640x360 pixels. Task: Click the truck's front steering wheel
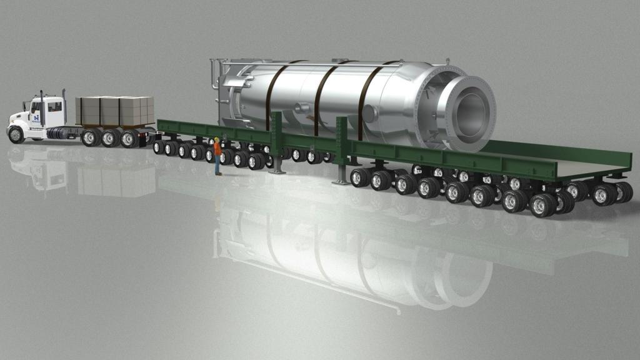16,134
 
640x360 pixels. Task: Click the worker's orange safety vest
217,149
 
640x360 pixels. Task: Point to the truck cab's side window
54,107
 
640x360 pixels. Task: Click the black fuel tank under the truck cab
59,133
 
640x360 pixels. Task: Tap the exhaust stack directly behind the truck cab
64,106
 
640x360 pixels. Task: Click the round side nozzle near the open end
369,114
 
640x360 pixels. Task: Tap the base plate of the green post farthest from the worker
341,182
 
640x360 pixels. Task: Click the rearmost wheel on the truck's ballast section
130,138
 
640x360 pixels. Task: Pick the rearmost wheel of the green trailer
604,194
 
